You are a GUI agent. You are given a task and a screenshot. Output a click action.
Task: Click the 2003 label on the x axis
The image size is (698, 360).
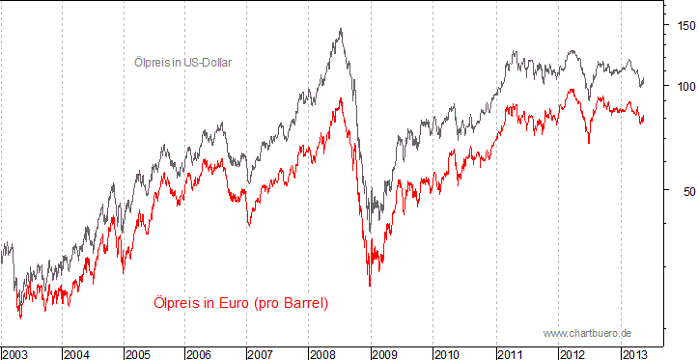[16, 353]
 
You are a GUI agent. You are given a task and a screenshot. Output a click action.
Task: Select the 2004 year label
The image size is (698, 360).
[78, 353]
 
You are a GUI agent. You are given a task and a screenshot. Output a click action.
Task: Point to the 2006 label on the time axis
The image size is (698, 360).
[203, 353]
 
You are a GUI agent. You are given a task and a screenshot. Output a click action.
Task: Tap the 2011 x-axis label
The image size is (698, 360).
[513, 353]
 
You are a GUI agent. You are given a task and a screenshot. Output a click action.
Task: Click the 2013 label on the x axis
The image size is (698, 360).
[636, 353]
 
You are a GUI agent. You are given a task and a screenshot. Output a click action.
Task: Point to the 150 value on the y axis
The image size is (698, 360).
[683, 25]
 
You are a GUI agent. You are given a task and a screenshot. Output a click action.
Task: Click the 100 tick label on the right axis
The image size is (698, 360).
[683, 86]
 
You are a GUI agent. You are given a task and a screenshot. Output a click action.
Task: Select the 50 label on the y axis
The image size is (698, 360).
[685, 190]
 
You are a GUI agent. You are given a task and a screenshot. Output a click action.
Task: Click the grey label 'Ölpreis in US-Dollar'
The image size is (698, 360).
[183, 62]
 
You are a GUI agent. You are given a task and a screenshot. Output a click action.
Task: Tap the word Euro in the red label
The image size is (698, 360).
[232, 303]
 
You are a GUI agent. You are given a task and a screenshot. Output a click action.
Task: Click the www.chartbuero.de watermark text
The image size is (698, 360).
[587, 333]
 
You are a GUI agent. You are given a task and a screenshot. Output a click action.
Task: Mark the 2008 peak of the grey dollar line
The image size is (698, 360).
[341, 29]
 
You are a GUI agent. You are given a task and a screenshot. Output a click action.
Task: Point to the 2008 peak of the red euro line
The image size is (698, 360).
[340, 98]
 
